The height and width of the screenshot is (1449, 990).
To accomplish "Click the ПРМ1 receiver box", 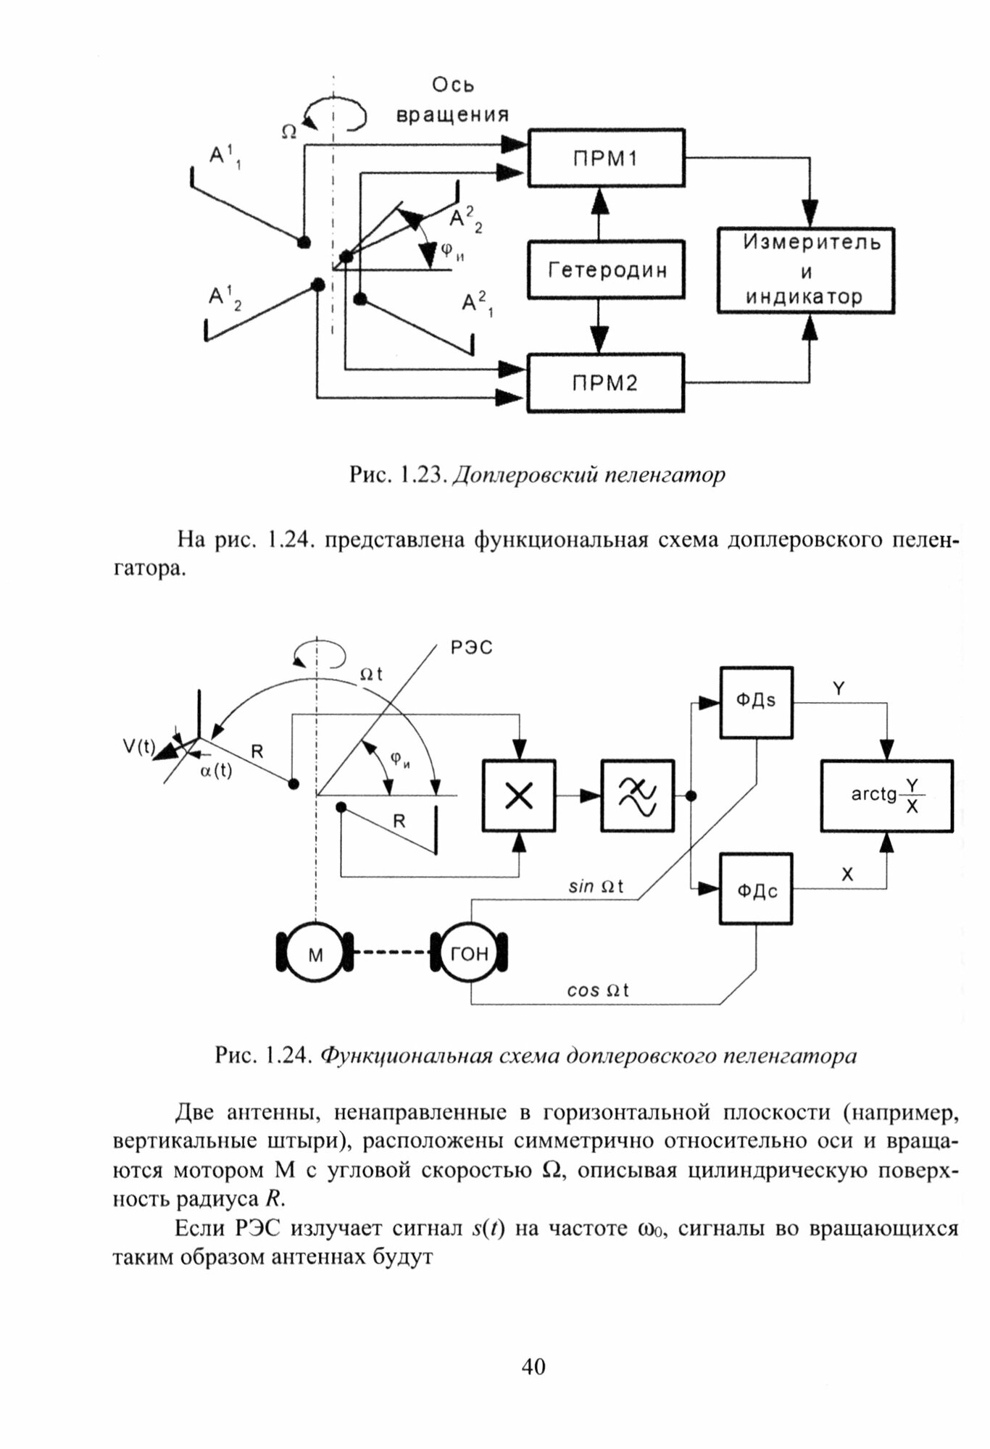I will [606, 158].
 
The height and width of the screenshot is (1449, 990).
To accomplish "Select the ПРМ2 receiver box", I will [606, 383].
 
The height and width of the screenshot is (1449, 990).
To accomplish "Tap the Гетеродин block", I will [606, 270].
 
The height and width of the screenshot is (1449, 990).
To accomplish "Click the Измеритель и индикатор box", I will [805, 270].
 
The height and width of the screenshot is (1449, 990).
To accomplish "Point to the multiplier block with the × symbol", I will [518, 796].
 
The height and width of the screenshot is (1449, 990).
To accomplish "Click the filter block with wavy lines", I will [637, 796].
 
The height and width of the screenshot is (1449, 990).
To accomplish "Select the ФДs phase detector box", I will [756, 701].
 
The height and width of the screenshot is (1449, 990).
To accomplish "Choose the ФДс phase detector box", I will [756, 889].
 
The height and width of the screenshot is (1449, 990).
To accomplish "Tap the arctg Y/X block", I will [886, 796].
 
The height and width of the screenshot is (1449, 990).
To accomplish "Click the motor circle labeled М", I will [315, 954].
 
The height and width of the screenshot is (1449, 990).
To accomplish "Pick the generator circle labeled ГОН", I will [470, 954].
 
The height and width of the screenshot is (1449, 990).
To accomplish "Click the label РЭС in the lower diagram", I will [471, 647].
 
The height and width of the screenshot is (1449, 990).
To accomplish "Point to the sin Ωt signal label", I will [596, 885].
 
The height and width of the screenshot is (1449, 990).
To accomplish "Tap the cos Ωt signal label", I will [598, 990].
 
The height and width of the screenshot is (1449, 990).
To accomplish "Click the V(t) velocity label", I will [138, 746].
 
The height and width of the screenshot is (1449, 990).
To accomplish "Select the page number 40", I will [533, 1366].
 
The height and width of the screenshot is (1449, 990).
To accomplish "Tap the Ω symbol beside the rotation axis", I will [289, 131].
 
